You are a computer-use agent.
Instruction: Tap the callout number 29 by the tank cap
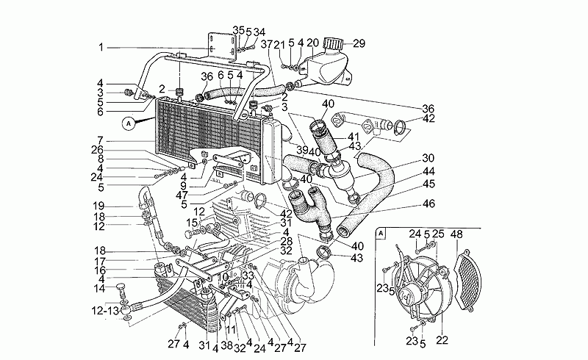pos(358,43)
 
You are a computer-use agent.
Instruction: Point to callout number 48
pos(456,234)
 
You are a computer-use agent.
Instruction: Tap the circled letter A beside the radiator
pos(130,122)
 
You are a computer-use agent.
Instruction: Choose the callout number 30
pos(429,157)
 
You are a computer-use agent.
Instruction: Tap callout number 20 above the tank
pos(312,43)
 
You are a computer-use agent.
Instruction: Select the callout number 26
pos(98,149)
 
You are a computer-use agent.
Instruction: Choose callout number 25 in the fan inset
pos(438,234)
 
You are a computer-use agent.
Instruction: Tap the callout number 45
pos(429,184)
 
